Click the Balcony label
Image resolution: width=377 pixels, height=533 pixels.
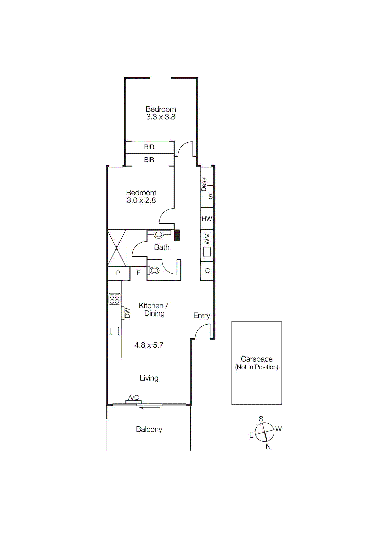[x=149, y=429]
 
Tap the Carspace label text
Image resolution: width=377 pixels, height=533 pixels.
[x=257, y=359]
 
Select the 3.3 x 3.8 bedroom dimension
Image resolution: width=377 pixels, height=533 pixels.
[x=161, y=117]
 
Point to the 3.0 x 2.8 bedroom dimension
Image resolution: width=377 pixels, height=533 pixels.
[x=141, y=200]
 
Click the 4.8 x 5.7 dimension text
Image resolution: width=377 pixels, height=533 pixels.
[x=149, y=345]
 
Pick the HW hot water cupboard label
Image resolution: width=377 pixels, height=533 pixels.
[x=207, y=219]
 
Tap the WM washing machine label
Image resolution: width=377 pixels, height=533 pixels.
[x=207, y=239]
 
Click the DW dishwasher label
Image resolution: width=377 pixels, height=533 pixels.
[x=127, y=313]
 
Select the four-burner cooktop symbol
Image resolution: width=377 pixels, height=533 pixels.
[x=114, y=299]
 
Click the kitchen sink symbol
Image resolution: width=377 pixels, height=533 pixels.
[x=115, y=331]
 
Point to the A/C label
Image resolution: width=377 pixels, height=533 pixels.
[x=133, y=397]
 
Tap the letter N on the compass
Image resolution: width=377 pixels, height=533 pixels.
[x=268, y=446]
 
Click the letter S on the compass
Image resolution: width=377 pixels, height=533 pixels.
[x=261, y=419]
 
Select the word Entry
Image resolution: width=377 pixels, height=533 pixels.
[x=202, y=316]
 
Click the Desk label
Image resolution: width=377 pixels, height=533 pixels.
[x=204, y=184]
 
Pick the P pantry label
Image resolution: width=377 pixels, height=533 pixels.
[x=118, y=273]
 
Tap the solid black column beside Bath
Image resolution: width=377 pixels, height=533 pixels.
[x=177, y=235]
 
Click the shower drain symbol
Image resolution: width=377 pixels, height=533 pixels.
[x=116, y=248]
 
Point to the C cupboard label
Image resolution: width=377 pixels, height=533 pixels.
[x=207, y=271]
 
